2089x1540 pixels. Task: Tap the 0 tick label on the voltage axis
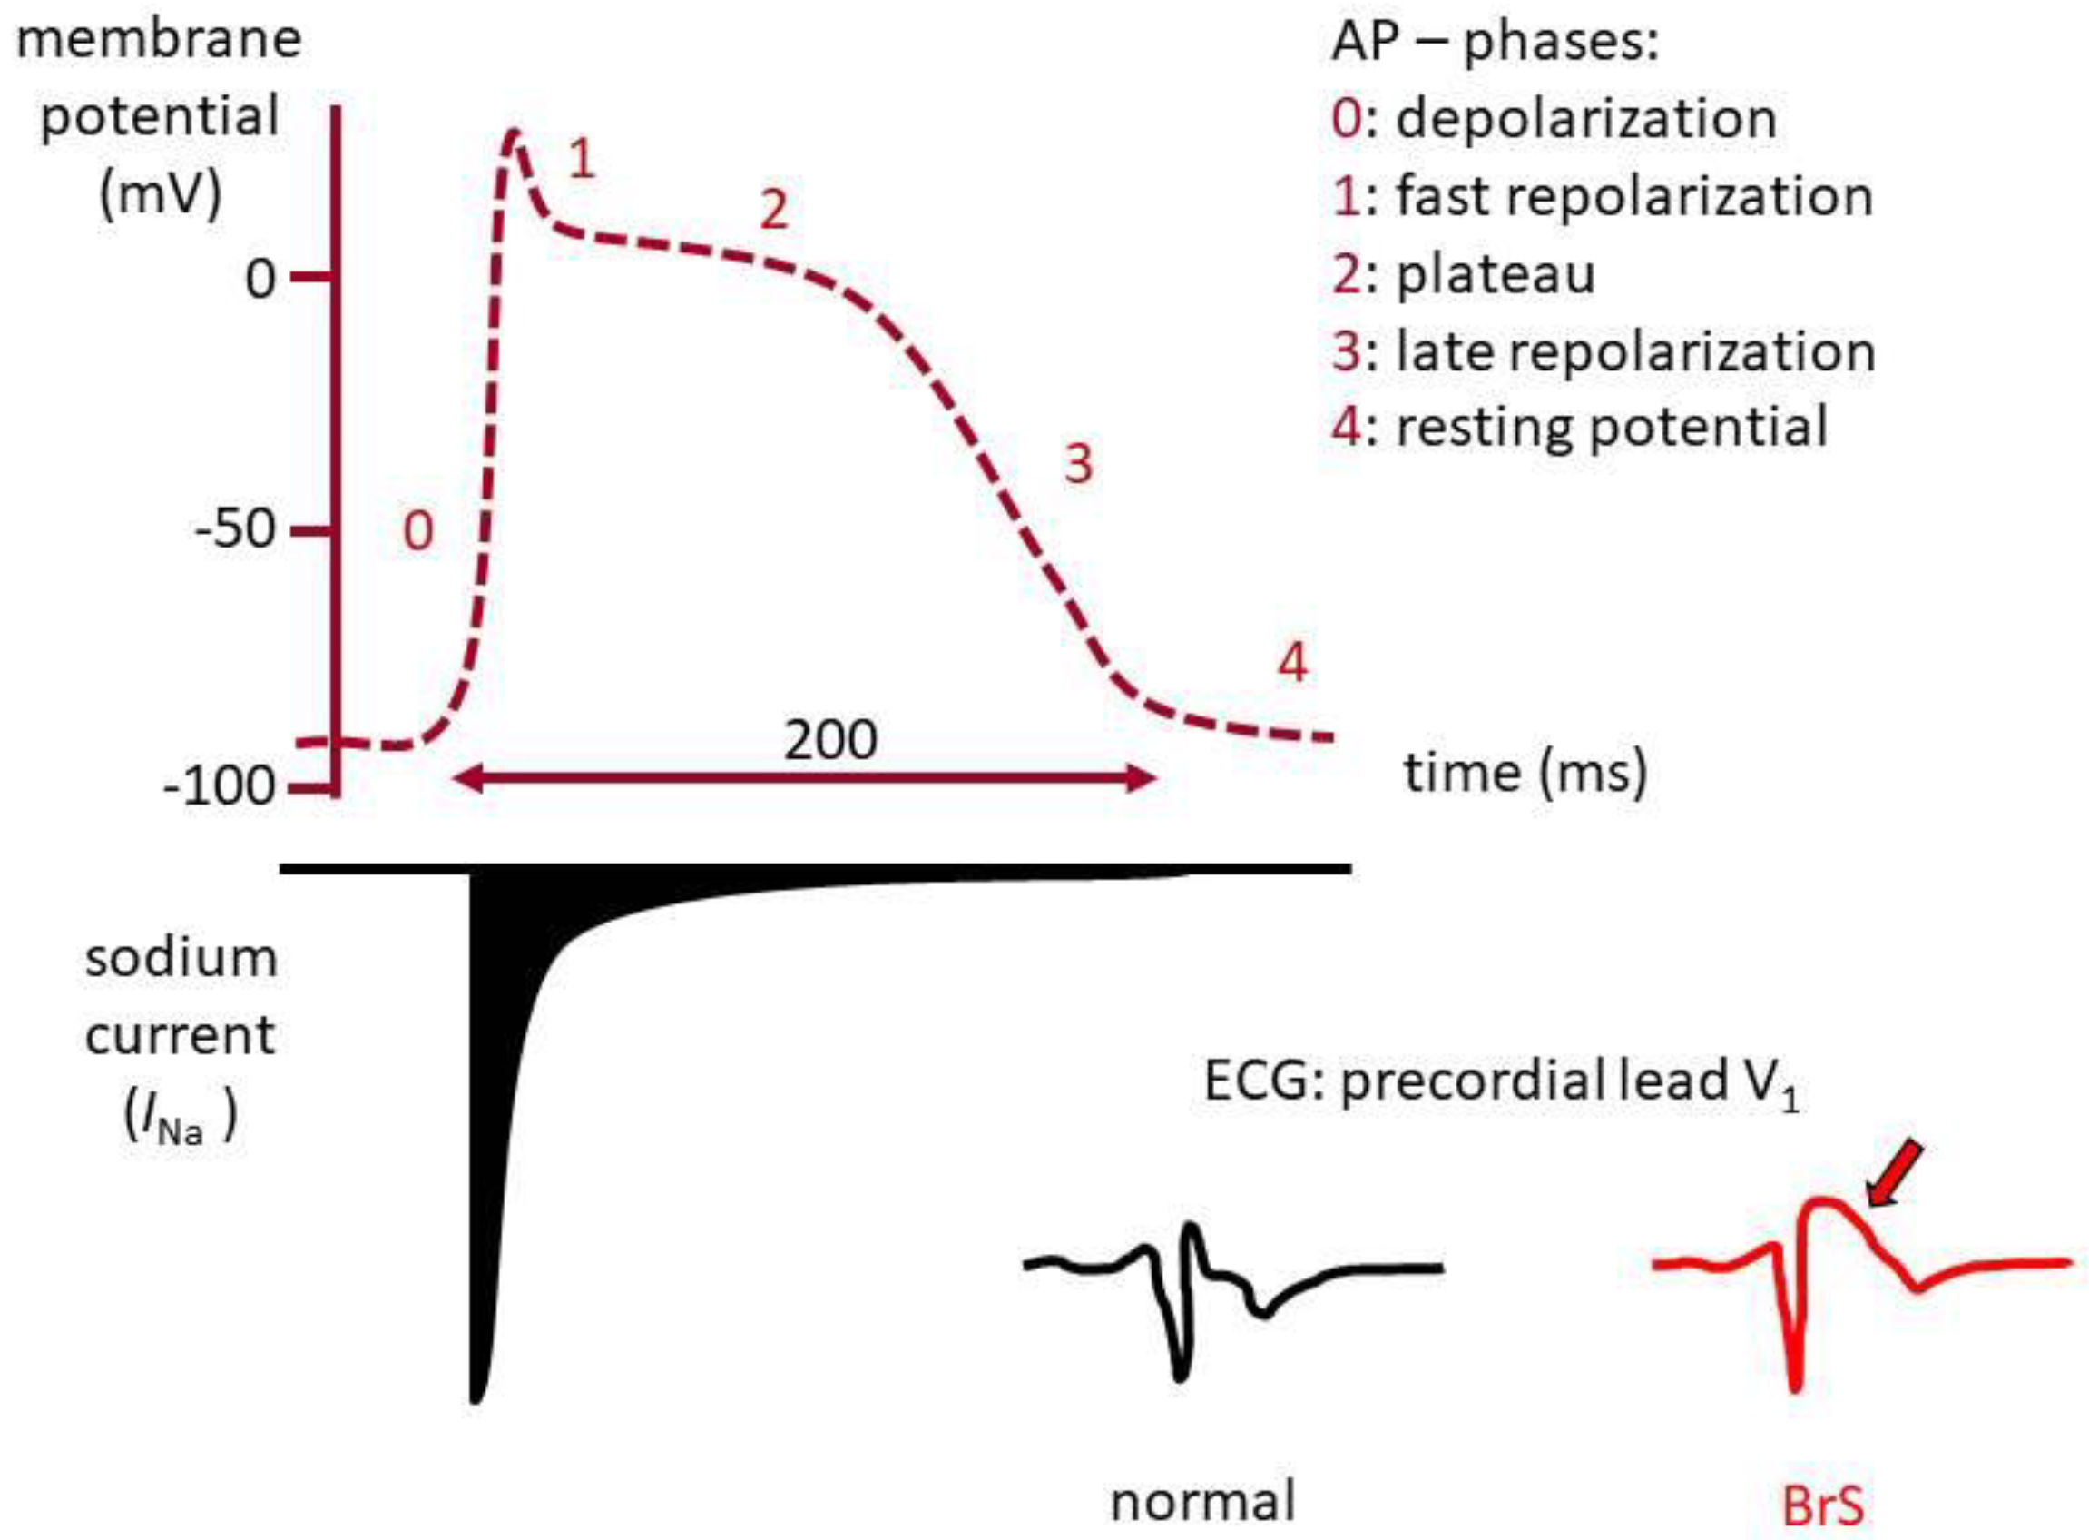[x=260, y=279]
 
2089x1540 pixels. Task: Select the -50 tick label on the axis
[x=236, y=530]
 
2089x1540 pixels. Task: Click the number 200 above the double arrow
[x=829, y=741]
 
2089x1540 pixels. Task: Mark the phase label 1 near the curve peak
[x=583, y=160]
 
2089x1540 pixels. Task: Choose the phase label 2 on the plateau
[x=774, y=210]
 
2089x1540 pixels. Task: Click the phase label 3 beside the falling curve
[x=1078, y=463]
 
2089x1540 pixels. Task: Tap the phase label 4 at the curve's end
[x=1292, y=664]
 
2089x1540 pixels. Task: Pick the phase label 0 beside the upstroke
[x=417, y=532]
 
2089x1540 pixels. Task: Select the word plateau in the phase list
[x=1496, y=275]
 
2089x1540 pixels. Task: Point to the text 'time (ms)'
[x=1525, y=773]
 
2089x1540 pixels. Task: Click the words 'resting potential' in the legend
[x=1612, y=428]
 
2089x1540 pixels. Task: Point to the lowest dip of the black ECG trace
[x=1181, y=1375]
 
